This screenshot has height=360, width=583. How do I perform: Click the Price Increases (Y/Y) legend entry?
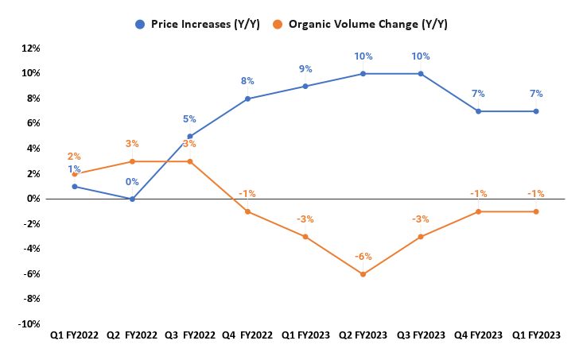[x=196, y=24]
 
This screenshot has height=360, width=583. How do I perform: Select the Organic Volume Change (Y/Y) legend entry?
[x=369, y=24]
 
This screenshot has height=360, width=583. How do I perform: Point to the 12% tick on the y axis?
[x=30, y=48]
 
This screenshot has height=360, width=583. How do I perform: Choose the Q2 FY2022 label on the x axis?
[x=132, y=336]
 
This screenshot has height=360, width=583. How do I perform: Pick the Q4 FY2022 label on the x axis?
[x=247, y=336]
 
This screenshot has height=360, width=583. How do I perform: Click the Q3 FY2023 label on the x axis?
[x=421, y=336]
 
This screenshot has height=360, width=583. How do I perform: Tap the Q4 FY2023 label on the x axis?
[x=478, y=336]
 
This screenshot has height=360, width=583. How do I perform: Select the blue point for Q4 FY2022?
[x=248, y=99]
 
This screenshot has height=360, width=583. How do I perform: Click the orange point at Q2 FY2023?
[x=363, y=274]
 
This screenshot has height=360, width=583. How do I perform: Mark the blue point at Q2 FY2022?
[x=133, y=199]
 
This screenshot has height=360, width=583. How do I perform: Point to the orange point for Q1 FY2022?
[x=75, y=174]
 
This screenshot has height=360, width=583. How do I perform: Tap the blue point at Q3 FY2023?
[x=421, y=74]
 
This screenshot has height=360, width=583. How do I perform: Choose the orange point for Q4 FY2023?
[x=478, y=211]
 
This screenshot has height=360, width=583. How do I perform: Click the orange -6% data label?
[x=363, y=257]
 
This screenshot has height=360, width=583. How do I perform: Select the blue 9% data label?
[x=305, y=69]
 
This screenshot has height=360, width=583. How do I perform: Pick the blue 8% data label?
[x=248, y=81]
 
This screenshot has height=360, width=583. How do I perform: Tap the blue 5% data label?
[x=189, y=119]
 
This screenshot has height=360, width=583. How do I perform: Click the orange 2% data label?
[x=74, y=157]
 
